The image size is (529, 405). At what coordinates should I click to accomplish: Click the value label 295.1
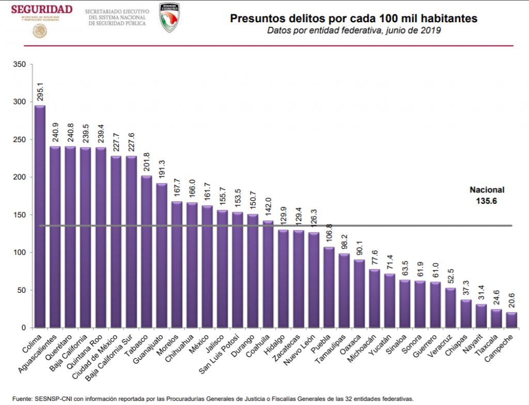[x=40, y=90]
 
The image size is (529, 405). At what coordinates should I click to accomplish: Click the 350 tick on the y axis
[x=19, y=65]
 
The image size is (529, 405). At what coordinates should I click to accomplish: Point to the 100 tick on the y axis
[x=19, y=252]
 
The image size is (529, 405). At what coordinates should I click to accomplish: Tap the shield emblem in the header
[x=169, y=17]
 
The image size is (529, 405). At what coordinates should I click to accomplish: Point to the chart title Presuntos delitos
[x=353, y=19]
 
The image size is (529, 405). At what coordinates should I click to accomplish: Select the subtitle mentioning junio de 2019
[x=353, y=31]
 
